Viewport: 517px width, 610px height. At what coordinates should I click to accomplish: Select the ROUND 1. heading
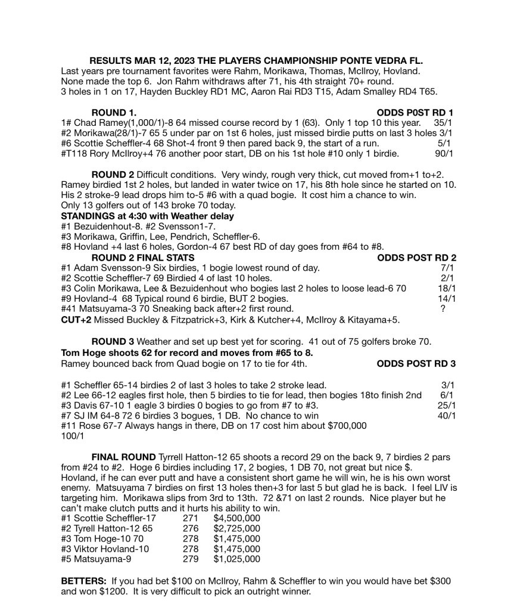tap(113, 112)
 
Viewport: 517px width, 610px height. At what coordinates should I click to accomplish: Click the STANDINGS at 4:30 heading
tap(148, 215)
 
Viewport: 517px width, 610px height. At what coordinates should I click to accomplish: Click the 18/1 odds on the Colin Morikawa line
tap(447, 288)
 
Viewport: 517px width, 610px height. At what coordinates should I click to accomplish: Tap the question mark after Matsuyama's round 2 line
tap(443, 308)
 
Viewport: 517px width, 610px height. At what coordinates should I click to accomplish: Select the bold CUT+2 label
tap(76, 319)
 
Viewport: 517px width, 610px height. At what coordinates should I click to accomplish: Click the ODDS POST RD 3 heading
tap(417, 363)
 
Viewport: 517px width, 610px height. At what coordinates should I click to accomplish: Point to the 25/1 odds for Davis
tap(447, 405)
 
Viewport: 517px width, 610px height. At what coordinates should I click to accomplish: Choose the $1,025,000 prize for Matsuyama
tap(236, 559)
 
